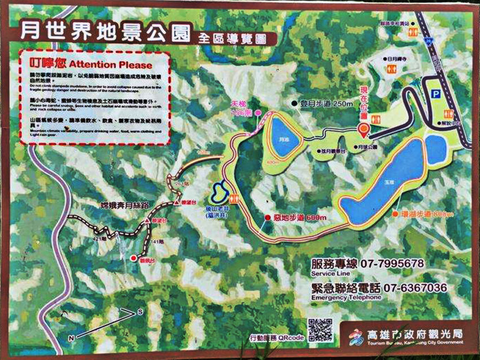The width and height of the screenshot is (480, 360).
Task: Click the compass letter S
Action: click(141, 311)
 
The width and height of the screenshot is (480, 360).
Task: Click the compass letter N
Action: click(71, 337)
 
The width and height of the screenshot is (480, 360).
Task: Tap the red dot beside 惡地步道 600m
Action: click(268, 217)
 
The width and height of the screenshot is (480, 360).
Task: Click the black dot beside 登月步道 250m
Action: click(294, 104)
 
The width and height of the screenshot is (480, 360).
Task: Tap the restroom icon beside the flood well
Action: click(234, 199)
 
